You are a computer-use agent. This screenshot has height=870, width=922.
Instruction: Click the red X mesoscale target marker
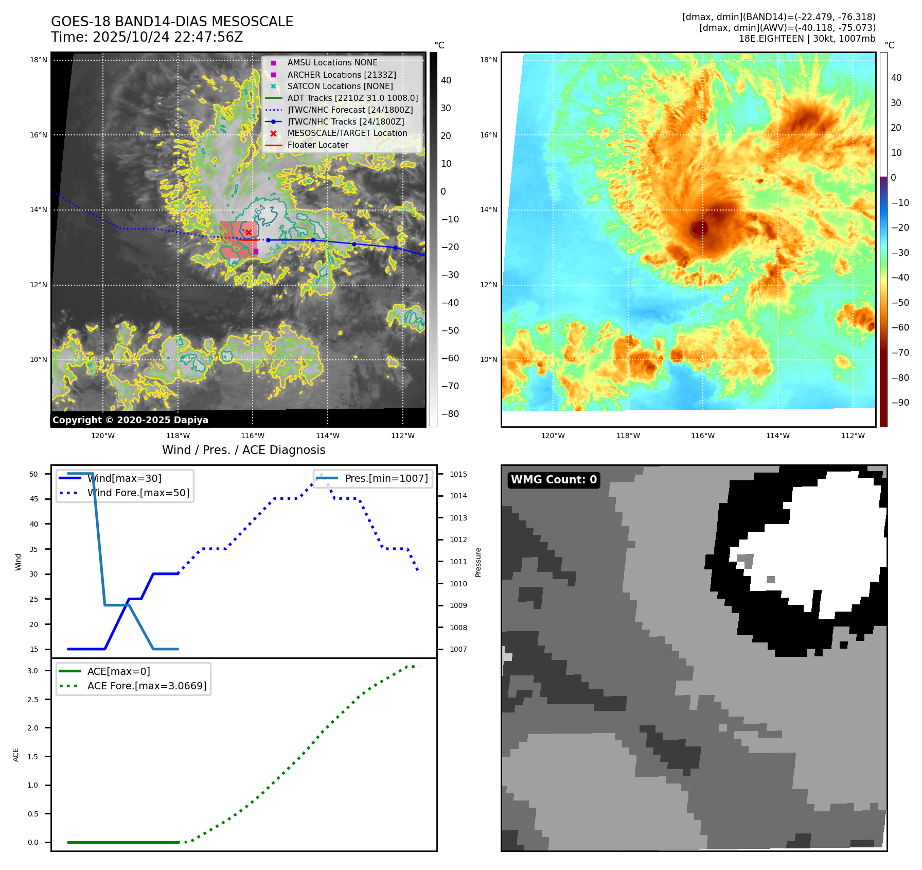pyautogui.click(x=249, y=233)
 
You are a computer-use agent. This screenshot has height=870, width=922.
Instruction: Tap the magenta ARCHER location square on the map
pyautogui.click(x=256, y=251)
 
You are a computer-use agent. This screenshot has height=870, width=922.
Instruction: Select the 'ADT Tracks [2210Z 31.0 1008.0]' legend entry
pyautogui.click(x=352, y=98)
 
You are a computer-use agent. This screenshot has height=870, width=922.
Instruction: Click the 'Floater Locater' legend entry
pyautogui.click(x=317, y=145)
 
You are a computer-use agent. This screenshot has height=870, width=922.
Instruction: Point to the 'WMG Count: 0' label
pyautogui.click(x=554, y=480)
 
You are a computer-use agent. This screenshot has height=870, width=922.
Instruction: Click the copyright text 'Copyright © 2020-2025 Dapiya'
pyautogui.click(x=130, y=420)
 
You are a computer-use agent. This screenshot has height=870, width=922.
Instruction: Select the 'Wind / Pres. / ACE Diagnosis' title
pyautogui.click(x=244, y=450)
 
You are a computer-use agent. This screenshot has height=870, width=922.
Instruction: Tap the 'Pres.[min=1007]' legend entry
pyautogui.click(x=386, y=479)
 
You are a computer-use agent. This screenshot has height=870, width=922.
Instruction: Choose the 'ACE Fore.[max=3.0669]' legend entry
pyautogui.click(x=147, y=686)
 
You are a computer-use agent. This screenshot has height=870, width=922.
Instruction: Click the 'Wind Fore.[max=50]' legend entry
pyautogui.click(x=138, y=493)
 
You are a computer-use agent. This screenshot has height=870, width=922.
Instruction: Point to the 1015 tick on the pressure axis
pyautogui.click(x=458, y=474)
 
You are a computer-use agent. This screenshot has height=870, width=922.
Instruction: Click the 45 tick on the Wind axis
pyautogui.click(x=34, y=499)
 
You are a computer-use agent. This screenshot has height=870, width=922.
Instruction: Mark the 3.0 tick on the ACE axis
pyautogui.click(x=33, y=671)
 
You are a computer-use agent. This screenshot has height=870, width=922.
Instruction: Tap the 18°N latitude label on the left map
pyautogui.click(x=39, y=60)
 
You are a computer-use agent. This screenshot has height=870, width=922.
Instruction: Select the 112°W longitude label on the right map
pyautogui.click(x=853, y=436)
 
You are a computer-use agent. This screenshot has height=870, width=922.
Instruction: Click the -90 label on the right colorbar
pyautogui.click(x=900, y=403)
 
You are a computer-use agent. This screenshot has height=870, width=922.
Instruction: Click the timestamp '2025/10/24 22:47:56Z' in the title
pyautogui.click(x=168, y=38)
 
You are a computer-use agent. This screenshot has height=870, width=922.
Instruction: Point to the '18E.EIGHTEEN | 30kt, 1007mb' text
pyautogui.click(x=807, y=39)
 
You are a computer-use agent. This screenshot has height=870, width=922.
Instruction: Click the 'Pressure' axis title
pyautogui.click(x=478, y=562)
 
